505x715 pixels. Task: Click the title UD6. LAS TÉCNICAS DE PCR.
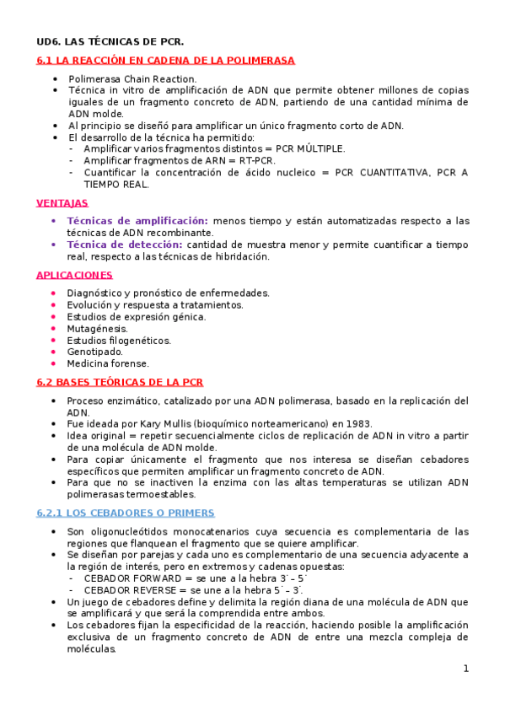tap(110, 41)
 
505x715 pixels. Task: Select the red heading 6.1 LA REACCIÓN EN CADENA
tap(165, 61)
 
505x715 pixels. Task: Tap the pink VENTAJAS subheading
tap(62, 203)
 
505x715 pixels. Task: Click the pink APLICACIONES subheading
tap(74, 275)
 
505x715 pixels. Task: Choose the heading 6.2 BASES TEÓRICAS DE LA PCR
tap(120, 382)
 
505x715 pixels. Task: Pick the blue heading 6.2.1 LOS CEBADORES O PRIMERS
tap(126, 513)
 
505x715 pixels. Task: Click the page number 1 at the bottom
tap(465, 669)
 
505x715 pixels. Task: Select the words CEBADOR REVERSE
tap(122, 591)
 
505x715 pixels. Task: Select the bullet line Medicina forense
tap(108, 364)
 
